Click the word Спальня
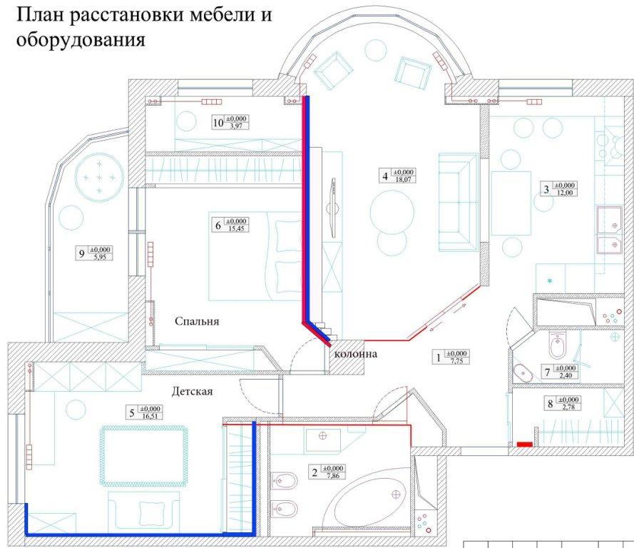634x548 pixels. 197,321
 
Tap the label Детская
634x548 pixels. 193,391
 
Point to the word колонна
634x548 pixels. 354,354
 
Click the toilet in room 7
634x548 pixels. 558,347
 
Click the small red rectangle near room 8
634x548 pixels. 523,445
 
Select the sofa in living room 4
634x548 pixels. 456,202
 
